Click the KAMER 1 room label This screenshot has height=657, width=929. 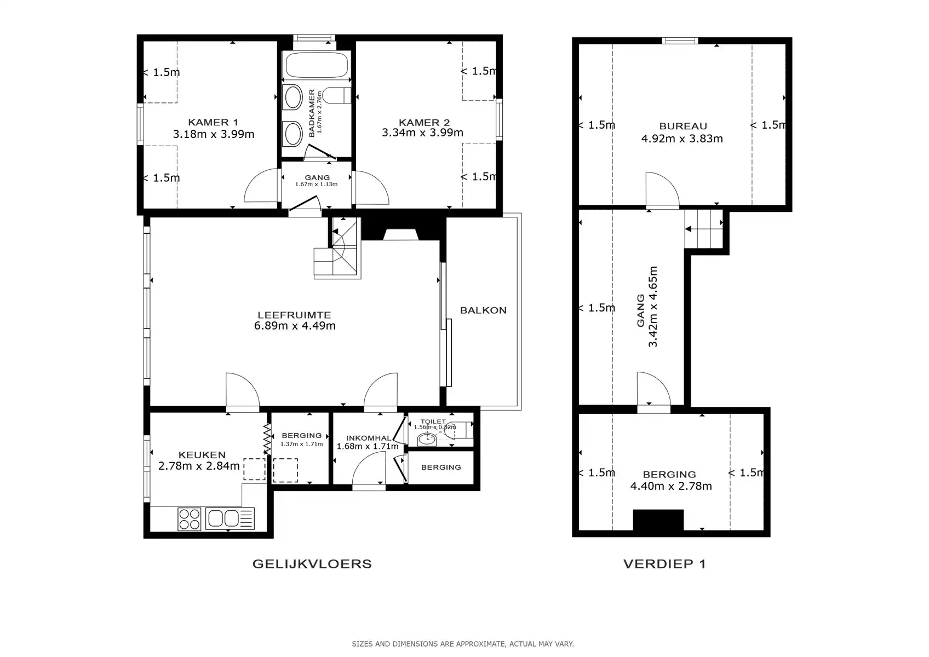pos(213,122)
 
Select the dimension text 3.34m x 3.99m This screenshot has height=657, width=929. pos(422,133)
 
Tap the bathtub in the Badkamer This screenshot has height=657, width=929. pos(317,66)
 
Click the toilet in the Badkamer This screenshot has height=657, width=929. pos(337,96)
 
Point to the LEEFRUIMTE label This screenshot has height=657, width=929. pos(294,315)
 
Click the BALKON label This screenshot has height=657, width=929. pos(483,310)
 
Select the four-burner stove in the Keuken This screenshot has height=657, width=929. pos(190,519)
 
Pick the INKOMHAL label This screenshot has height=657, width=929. pos(369,438)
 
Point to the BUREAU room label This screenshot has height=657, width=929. pos(683,126)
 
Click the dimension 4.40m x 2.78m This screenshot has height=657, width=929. pos(671,486)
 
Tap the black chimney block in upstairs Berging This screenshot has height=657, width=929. pos(658,520)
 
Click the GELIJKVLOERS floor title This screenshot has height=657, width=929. pos(312,564)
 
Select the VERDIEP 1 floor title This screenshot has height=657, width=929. pos(664,564)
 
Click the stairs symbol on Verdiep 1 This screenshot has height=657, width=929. pos(704,230)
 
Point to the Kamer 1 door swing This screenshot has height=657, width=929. pos(261,186)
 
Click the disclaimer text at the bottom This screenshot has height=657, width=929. pos(463,644)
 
